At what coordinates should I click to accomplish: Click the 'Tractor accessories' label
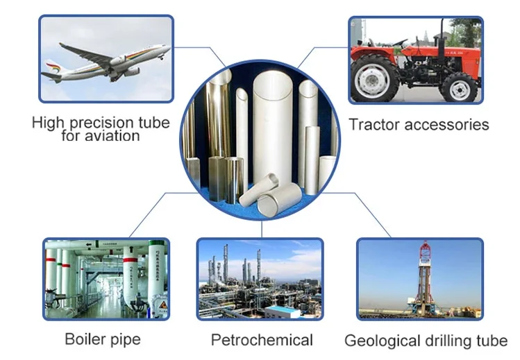click(419, 125)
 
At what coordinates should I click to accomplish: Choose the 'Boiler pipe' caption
click(102, 339)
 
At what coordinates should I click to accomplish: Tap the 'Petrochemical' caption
click(262, 340)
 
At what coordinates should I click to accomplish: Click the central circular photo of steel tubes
click(260, 139)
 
